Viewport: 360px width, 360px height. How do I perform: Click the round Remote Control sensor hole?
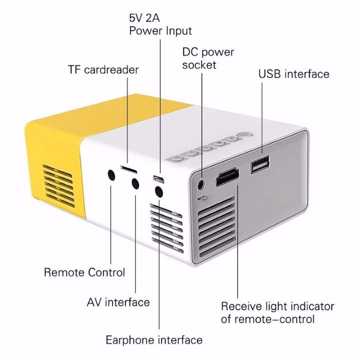click(x=111, y=175)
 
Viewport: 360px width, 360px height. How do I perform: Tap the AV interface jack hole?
click(x=135, y=183)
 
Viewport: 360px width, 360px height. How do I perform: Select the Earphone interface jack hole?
click(x=159, y=191)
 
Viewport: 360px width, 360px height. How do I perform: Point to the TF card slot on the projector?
click(x=129, y=169)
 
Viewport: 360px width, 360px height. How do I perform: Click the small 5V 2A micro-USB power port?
click(x=158, y=179)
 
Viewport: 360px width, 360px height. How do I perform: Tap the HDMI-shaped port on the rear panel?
click(x=227, y=177)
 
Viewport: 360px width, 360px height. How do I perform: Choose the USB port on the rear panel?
click(x=260, y=164)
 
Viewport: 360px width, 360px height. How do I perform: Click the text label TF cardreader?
click(x=103, y=69)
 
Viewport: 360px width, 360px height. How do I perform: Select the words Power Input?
click(x=160, y=31)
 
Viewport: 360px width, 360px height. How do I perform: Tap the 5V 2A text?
click(x=144, y=18)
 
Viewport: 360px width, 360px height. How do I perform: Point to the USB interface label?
click(x=293, y=74)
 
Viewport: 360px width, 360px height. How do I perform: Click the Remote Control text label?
click(x=84, y=272)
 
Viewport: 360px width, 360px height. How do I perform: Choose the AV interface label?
click(x=118, y=302)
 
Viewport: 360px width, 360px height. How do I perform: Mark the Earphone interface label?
click(x=154, y=340)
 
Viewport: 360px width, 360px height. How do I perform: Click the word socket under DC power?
click(x=199, y=65)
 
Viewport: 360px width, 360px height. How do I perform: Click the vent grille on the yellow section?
click(x=59, y=185)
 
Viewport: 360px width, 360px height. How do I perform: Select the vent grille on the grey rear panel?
click(x=216, y=226)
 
